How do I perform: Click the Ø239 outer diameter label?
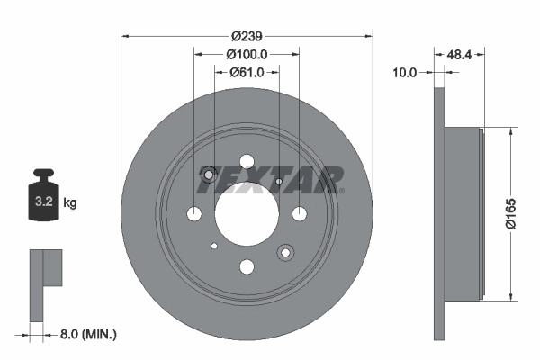click(x=246, y=36)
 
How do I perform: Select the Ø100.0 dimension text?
click(x=246, y=54)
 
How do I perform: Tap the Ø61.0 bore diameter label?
click(x=246, y=72)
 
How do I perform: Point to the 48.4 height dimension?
click(x=460, y=54)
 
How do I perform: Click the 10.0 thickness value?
click(x=406, y=72)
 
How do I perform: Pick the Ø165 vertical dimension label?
click(x=512, y=212)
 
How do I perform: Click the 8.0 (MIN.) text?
click(x=88, y=334)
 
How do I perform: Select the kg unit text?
click(x=71, y=203)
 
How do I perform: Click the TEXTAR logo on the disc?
click(x=269, y=179)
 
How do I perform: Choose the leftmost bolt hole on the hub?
click(x=194, y=213)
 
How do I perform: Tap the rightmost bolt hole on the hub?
click(x=299, y=213)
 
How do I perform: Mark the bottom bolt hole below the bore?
click(x=247, y=265)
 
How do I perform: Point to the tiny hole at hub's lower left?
click(x=213, y=246)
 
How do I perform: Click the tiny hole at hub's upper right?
click(x=280, y=182)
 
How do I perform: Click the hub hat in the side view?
click(x=464, y=213)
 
